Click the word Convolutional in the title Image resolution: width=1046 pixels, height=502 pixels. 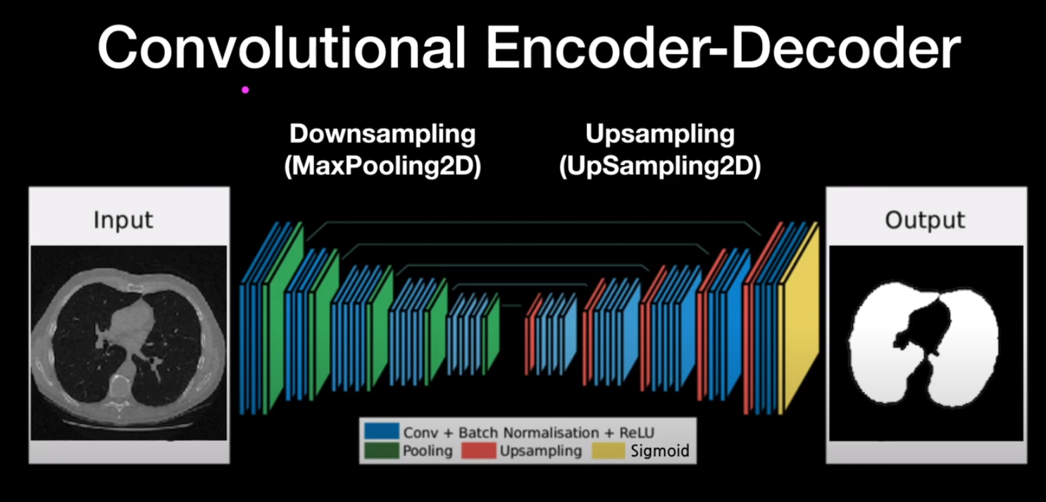(282, 48)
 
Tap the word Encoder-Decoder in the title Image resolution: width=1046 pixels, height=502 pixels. (723, 48)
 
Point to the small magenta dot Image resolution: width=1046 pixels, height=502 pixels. (245, 90)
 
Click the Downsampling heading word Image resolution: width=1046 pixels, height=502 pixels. (382, 134)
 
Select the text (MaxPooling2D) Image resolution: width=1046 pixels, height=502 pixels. (382, 166)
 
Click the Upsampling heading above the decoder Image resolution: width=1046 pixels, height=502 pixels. (660, 134)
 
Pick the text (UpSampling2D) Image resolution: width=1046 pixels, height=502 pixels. (660, 166)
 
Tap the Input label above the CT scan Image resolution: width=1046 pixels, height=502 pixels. (123, 220)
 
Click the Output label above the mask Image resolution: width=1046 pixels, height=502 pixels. (925, 220)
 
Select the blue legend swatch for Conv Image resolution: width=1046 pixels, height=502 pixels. (382, 431)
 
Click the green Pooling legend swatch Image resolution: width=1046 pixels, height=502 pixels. (382, 451)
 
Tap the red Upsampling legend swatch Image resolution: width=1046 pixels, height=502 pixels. (479, 451)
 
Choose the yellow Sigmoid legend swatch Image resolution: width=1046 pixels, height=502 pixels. (609, 451)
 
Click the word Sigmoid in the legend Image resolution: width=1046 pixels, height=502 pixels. (660, 451)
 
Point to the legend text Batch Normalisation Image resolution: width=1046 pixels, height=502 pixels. (528, 432)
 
